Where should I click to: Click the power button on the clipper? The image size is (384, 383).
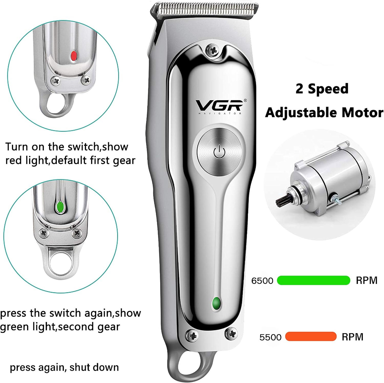coord(219,152)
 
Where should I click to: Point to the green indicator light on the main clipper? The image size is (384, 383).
coord(217,304)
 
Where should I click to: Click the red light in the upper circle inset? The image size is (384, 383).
coord(74,55)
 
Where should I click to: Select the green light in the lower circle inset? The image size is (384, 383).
coord(60,207)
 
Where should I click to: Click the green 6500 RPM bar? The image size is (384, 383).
coord(313,280)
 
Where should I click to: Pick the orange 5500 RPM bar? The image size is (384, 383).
coord(311,336)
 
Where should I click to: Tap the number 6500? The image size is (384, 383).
coord(262,281)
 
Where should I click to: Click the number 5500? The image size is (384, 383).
coord(270,337)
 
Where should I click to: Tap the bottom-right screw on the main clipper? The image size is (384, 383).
coord(231,333)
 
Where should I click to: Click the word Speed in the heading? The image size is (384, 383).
coord(328,89)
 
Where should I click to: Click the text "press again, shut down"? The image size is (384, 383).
coord(64,367)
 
